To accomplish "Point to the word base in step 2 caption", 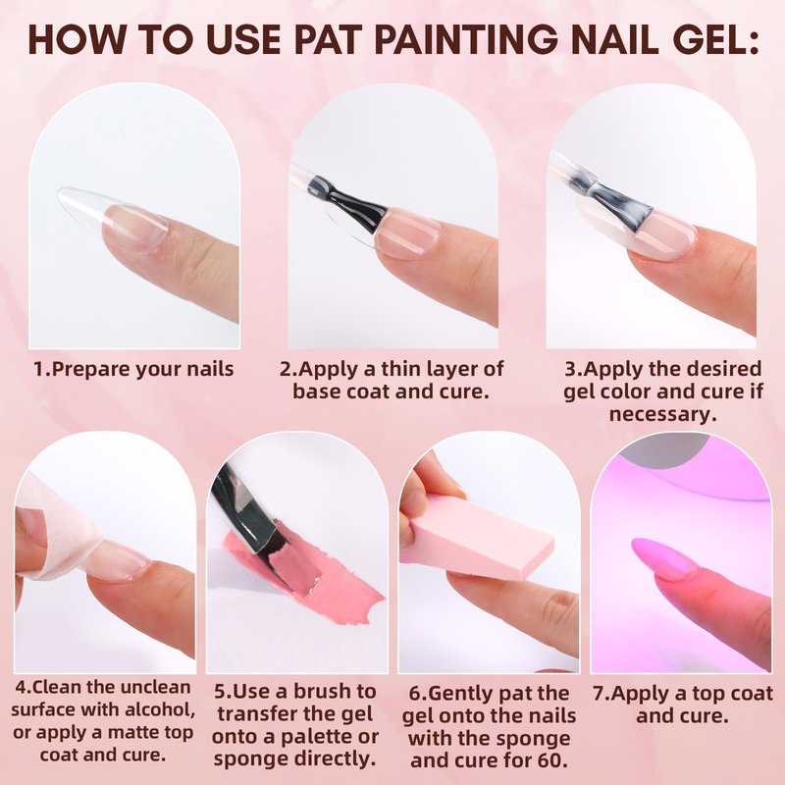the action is coord(316,391).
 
